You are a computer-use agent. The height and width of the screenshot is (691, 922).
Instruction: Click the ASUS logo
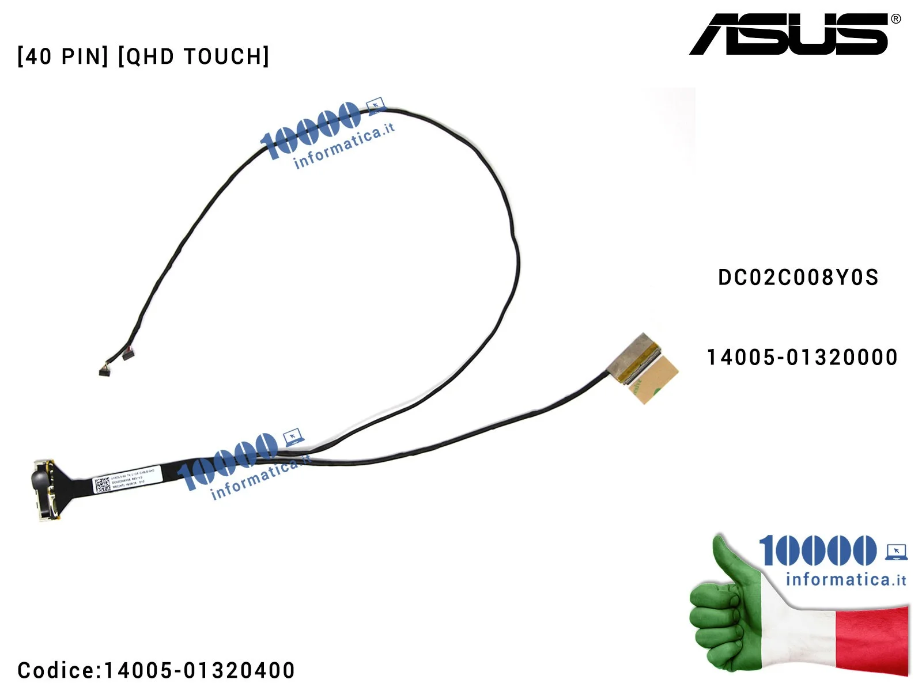[x=789, y=35]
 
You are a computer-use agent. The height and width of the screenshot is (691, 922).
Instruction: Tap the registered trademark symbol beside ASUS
[x=895, y=19]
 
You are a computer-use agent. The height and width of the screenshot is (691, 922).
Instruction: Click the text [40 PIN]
[x=63, y=56]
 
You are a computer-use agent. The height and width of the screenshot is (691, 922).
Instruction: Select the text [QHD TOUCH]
[x=194, y=56]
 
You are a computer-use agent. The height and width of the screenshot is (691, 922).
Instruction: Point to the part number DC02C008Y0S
[x=798, y=278]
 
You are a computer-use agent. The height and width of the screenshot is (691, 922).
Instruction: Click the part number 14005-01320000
[x=802, y=358]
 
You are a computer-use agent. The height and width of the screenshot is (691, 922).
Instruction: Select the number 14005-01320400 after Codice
[x=199, y=670]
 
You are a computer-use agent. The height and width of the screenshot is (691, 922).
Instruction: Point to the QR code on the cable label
[x=102, y=484]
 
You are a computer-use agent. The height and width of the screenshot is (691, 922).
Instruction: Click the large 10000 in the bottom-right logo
[x=817, y=550]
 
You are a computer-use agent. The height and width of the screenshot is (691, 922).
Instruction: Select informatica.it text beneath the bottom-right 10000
[x=845, y=579]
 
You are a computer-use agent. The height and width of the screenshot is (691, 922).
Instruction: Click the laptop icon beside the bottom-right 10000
[x=896, y=552]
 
